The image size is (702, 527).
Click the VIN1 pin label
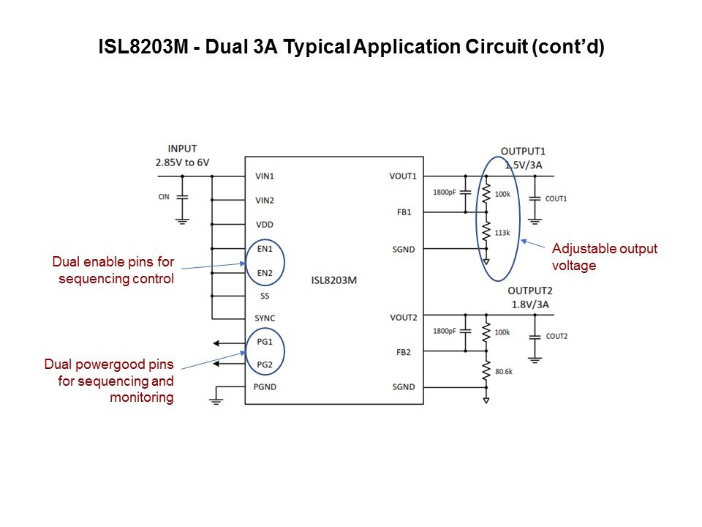265,176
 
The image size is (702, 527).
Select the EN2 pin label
264,273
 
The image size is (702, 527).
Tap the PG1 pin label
264,342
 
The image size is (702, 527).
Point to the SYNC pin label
265,318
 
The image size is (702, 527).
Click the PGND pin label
265,386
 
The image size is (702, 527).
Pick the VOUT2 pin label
404,317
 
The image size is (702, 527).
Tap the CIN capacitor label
164,197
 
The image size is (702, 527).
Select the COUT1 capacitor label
556,198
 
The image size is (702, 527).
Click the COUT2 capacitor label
556,336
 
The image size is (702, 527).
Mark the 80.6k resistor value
505,371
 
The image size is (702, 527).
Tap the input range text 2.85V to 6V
182,162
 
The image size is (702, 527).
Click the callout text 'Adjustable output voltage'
604,257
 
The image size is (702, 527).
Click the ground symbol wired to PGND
216,399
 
